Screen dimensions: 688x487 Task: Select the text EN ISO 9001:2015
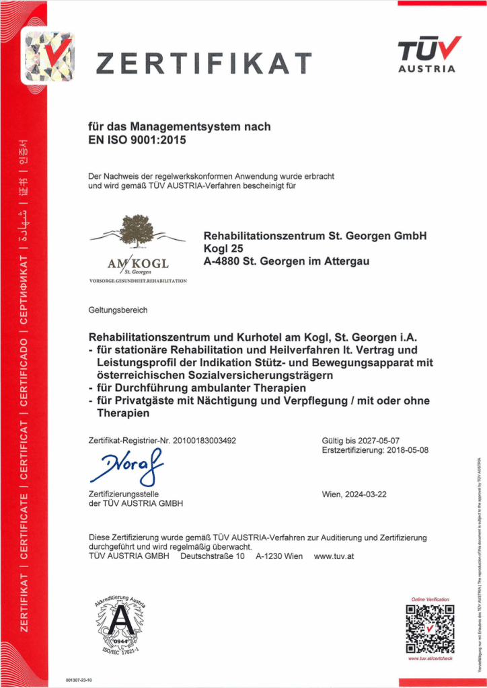pos(137,140)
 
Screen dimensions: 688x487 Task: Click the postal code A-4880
pos(221,261)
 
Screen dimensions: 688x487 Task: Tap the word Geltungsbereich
pos(118,311)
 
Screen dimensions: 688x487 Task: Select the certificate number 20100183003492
pos(204,441)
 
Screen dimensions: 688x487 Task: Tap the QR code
pos(430,629)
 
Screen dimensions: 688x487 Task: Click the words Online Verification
pos(430,599)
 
